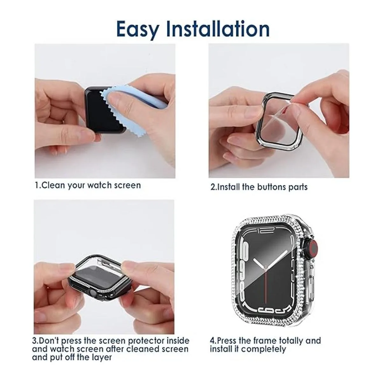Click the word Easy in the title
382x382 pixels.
pyautogui.click(x=138, y=29)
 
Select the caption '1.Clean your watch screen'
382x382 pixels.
pyautogui.click(x=88, y=185)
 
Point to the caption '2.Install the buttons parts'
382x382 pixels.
pyautogui.click(x=259, y=187)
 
